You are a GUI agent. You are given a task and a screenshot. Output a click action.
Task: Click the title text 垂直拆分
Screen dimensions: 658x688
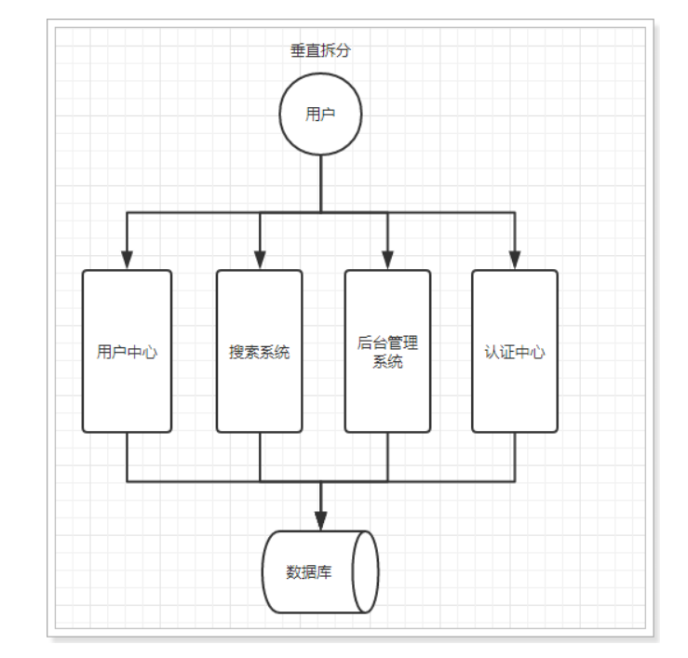pos(320,51)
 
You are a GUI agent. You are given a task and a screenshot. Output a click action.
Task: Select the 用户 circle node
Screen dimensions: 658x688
pos(320,114)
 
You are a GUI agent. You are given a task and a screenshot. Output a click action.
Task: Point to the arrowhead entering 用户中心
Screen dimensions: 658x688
pos(127,259)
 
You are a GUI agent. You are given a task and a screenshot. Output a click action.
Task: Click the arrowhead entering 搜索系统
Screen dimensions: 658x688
pos(260,259)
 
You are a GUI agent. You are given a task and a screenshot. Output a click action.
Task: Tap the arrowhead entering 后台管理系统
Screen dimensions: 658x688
pos(387,259)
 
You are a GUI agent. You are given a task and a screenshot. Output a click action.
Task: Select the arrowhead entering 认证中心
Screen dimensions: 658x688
pos(514,259)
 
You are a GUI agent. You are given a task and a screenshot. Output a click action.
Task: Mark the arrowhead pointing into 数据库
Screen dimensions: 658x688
pos(320,519)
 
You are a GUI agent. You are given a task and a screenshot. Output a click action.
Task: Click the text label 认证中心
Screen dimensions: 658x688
pos(514,353)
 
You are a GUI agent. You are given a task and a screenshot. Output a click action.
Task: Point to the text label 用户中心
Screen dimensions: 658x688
pos(127,353)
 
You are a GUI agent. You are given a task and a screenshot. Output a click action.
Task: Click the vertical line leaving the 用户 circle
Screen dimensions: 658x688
pos(320,182)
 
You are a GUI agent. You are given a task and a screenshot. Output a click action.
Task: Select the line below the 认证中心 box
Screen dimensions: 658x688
pos(514,457)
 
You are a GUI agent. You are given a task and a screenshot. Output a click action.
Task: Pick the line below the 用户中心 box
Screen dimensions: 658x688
pos(127,457)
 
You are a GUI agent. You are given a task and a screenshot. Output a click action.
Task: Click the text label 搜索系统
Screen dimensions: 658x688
pos(259,353)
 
